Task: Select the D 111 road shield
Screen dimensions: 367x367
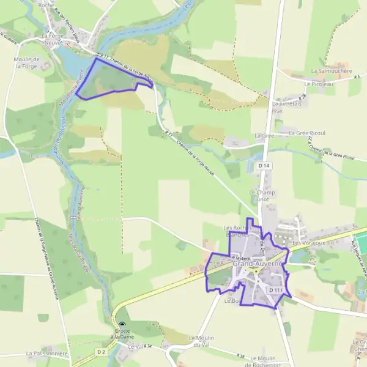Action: pyautogui.click(x=275, y=290)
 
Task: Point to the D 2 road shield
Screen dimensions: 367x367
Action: pyautogui.click(x=101, y=352)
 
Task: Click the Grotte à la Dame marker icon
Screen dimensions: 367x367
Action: pyautogui.click(x=122, y=327)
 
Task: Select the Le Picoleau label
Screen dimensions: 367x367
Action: pyautogui.click(x=322, y=84)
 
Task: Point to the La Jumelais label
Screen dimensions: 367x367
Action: pyautogui.click(x=287, y=104)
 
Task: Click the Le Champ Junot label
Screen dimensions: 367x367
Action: pyautogui.click(x=262, y=195)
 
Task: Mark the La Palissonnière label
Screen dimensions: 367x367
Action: pyautogui.click(x=46, y=354)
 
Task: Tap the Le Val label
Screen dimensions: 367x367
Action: pyautogui.click(x=135, y=346)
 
